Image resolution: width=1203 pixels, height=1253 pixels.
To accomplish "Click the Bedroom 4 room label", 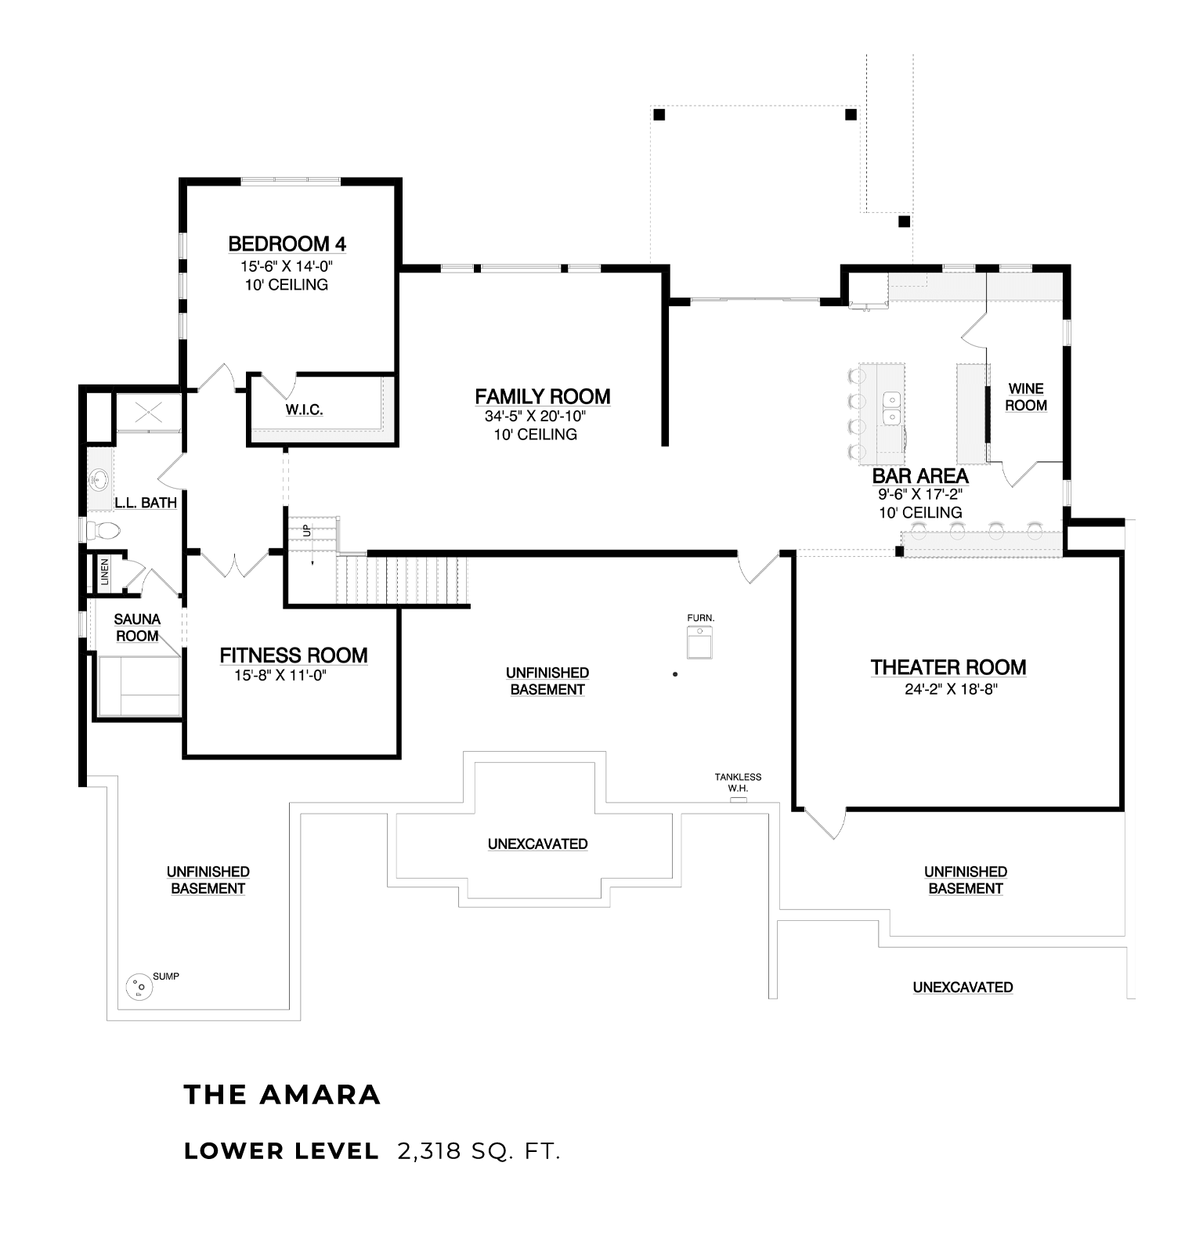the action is [287, 244].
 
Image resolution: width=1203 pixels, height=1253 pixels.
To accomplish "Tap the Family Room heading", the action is [543, 397].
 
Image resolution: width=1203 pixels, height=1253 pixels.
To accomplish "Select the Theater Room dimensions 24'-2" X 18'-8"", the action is [948, 689].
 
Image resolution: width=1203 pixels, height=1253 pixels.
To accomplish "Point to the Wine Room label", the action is [1026, 397].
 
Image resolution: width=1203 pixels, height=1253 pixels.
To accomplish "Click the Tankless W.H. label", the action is [738, 782].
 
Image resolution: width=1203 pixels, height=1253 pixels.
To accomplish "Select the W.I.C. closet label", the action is [304, 410].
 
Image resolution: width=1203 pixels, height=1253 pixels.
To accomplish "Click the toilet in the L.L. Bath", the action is [103, 531].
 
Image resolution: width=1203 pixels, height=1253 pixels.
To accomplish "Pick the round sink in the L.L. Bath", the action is [99, 478].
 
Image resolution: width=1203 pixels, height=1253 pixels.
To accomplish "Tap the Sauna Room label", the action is [137, 628].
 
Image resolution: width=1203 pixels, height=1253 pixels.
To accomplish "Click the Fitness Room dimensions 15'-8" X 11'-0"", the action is [280, 675].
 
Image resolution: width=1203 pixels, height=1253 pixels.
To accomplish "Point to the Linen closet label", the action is [104, 572].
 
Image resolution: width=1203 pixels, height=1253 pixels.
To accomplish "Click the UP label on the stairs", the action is [306, 530].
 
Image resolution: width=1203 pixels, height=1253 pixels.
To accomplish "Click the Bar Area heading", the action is [920, 476].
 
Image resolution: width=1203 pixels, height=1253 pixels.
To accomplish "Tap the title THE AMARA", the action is [282, 1095].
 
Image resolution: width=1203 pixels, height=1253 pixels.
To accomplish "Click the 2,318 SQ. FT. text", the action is [479, 1151].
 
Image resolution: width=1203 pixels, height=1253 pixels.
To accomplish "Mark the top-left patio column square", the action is [659, 114].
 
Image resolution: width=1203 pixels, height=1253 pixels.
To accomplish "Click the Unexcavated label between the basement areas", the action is [537, 844].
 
